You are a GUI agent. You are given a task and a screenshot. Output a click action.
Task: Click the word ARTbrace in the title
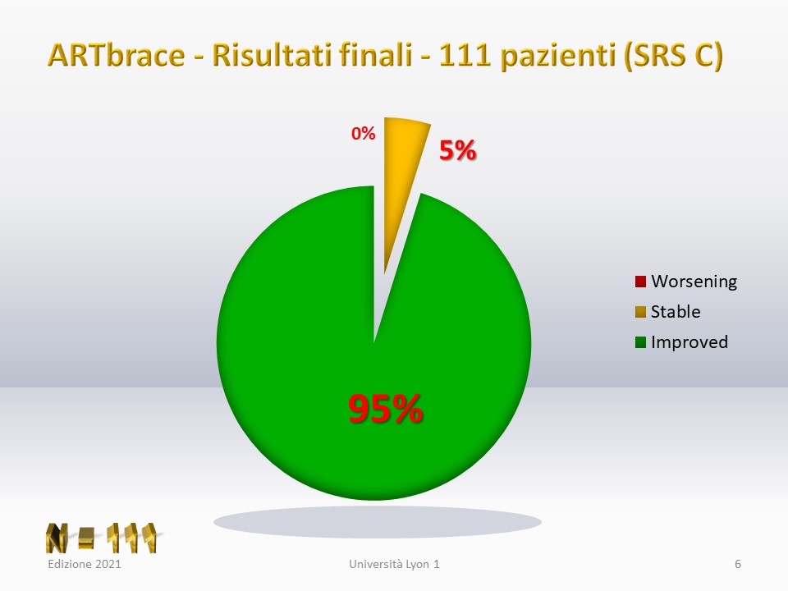(116, 54)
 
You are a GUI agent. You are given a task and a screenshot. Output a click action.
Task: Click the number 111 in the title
(465, 55)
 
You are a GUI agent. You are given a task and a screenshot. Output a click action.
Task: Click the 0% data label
(364, 134)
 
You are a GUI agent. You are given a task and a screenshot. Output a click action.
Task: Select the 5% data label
(457, 149)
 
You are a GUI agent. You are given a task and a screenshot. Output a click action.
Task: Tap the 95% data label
(386, 409)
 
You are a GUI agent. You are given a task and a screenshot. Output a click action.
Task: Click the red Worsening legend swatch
(640, 282)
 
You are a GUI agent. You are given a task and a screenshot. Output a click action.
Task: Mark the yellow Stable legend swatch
(640, 312)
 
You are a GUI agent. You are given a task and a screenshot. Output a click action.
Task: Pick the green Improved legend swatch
(640, 342)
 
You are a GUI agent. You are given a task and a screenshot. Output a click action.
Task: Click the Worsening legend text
(694, 282)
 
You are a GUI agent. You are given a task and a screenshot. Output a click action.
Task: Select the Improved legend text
(689, 342)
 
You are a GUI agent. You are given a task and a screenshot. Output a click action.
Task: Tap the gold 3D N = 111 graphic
(102, 538)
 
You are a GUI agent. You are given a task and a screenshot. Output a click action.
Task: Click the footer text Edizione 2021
(85, 564)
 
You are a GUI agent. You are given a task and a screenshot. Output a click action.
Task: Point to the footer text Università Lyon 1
(395, 565)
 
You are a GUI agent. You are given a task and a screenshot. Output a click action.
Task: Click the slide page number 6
(738, 564)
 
